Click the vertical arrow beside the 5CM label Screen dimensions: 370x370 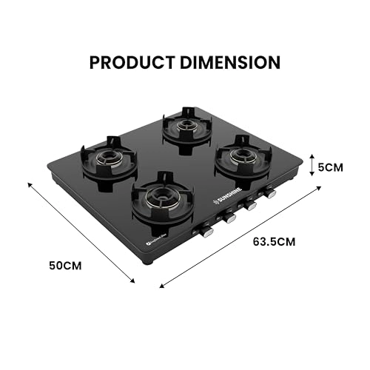point(312,167)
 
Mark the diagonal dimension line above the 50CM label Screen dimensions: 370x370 point(81,231)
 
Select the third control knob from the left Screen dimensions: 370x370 point(250,206)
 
